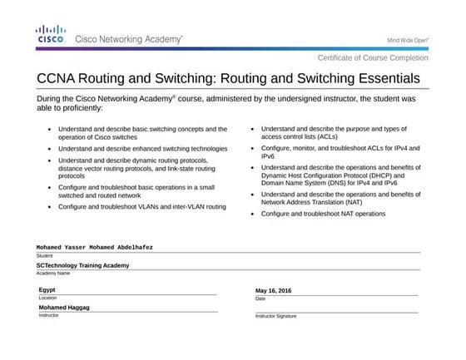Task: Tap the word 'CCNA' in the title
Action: click(62, 80)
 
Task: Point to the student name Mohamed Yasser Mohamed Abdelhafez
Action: click(95, 247)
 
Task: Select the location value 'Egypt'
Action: click(47, 289)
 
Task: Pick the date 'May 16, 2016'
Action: click(274, 290)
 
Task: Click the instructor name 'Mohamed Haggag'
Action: click(64, 308)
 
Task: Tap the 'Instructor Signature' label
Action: click(275, 316)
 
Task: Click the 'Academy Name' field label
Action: click(52, 273)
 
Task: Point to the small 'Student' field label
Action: click(44, 255)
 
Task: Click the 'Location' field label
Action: click(47, 298)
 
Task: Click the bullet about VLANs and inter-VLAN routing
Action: click(142, 206)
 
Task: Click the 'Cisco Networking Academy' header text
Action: click(129, 39)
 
